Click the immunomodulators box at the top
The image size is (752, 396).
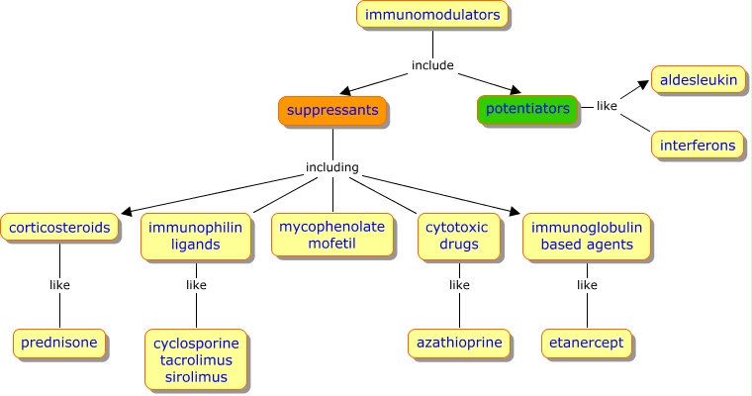432,15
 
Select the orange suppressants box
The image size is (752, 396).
332,110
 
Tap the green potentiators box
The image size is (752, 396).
527,109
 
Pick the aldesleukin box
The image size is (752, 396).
699,79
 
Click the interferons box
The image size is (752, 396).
699,146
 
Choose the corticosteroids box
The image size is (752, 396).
60,228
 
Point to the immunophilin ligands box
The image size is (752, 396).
195,236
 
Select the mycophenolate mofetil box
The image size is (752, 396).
331,236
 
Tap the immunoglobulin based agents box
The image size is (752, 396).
587,236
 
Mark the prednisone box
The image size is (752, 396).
59,344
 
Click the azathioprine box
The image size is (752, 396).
458,344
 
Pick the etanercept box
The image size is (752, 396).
587,344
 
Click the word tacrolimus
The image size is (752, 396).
195,360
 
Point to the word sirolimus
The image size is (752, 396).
195,377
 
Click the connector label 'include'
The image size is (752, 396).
432,65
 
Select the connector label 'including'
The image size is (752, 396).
331,167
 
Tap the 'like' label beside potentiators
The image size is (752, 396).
607,106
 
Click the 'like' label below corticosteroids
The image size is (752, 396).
59,285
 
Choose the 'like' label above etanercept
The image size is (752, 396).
587,285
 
